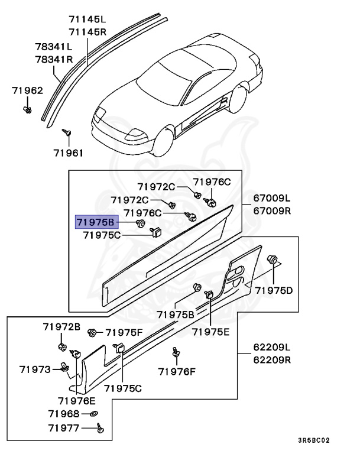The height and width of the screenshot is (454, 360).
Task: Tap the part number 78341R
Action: coord(53,59)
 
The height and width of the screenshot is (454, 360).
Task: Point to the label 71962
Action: coord(27,90)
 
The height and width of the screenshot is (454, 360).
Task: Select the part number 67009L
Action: coord(272,199)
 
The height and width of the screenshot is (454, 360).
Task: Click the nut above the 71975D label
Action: coord(274,260)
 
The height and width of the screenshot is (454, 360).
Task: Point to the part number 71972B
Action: coord(61,327)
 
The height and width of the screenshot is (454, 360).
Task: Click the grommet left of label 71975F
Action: coord(92,333)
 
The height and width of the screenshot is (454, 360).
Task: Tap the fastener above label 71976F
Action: coord(176,352)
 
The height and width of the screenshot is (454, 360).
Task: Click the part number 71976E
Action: coord(77,401)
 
